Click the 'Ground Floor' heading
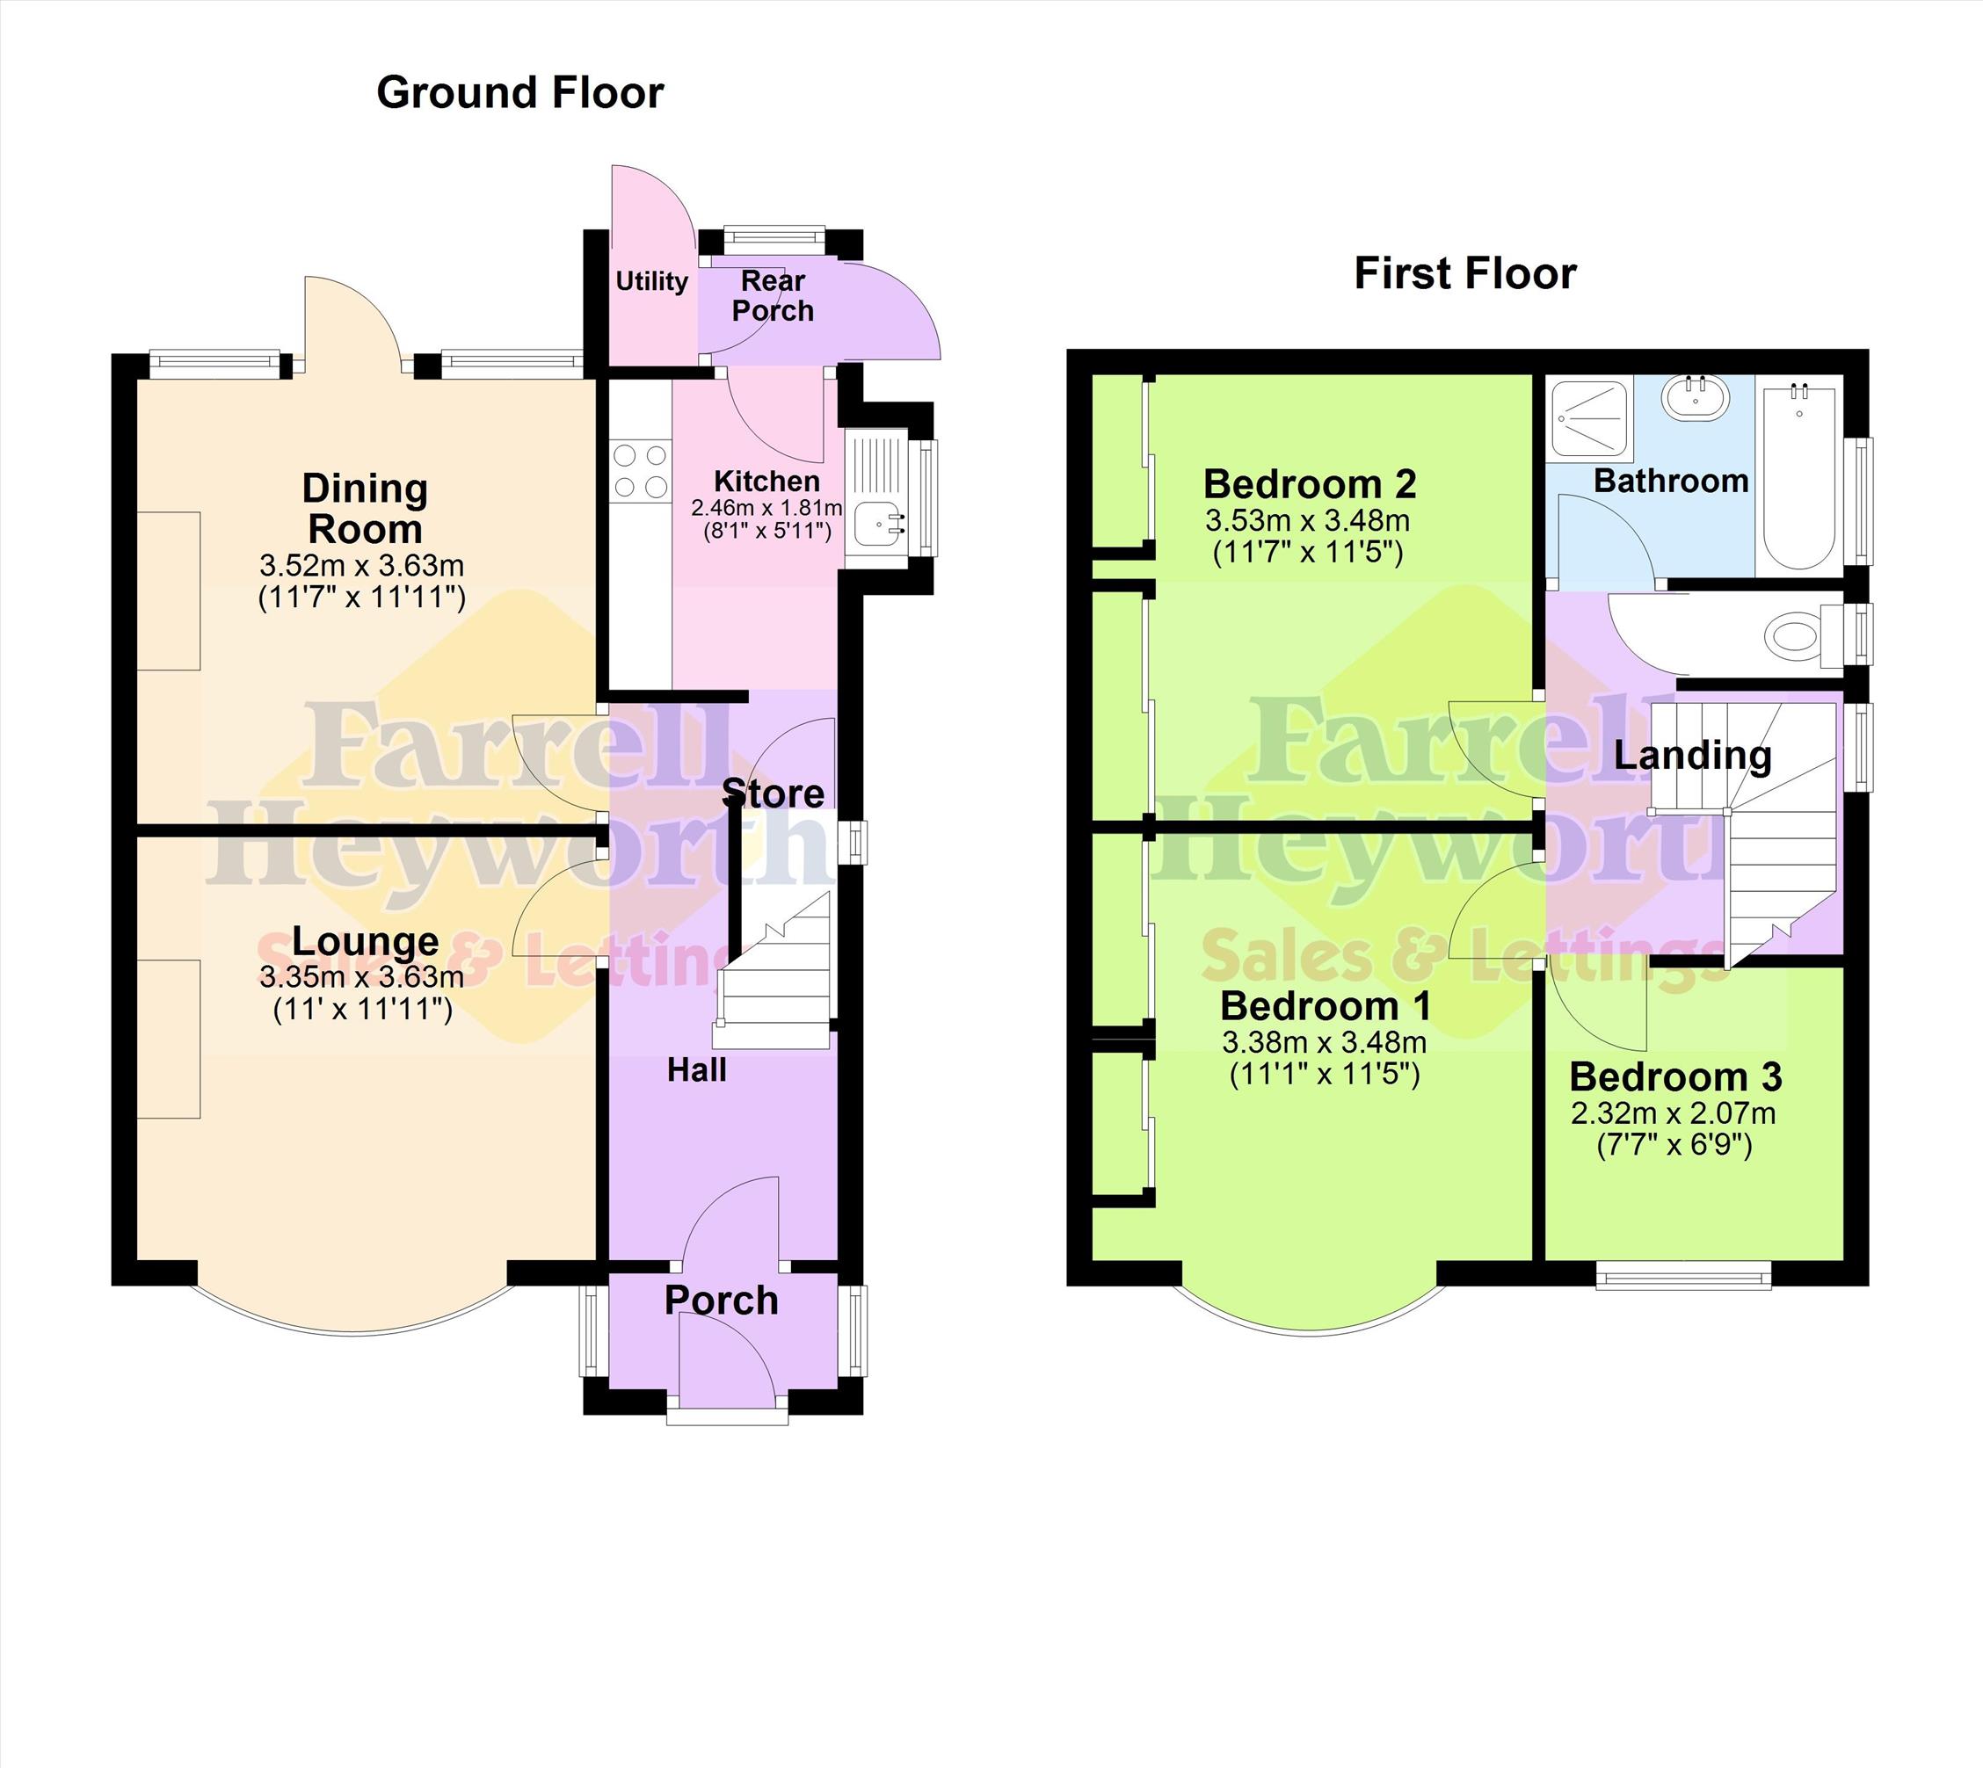[x=519, y=93]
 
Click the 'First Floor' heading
[x=1465, y=274]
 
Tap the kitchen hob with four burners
[x=640, y=470]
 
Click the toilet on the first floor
[x=1801, y=637]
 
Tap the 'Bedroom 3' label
[x=1675, y=1077]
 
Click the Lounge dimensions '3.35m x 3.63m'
[x=361, y=977]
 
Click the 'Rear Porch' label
[x=773, y=295]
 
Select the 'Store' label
[x=774, y=793]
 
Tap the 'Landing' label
[x=1693, y=755]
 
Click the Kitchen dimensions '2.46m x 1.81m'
[x=766, y=507]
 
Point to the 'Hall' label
[x=697, y=1070]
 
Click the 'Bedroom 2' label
[x=1310, y=484]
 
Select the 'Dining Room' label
[x=365, y=509]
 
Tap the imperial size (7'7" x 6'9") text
[x=1674, y=1146]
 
